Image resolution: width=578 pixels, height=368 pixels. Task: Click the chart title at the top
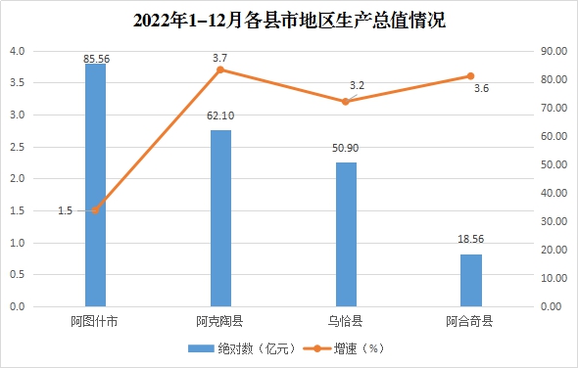tap(289, 21)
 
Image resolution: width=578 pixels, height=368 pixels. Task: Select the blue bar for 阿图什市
tap(95, 185)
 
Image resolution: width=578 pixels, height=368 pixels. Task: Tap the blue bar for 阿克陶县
tap(220, 218)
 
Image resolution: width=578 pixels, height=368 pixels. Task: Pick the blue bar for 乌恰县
tap(346, 234)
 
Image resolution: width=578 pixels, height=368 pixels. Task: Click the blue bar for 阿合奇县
tap(471, 280)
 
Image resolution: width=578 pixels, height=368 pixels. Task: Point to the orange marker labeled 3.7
tap(220, 70)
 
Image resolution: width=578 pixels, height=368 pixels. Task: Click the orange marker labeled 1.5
tap(95, 210)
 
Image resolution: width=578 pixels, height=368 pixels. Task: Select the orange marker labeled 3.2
tap(346, 102)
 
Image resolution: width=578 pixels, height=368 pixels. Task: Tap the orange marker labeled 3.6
tap(471, 76)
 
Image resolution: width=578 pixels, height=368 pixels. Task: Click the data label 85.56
tap(97, 59)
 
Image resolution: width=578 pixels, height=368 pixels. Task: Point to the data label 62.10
tap(220, 116)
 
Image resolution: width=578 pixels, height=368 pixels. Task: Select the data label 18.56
tap(471, 239)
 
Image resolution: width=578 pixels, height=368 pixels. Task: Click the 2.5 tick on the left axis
tap(17, 147)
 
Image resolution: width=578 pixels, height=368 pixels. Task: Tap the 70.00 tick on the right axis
tap(554, 108)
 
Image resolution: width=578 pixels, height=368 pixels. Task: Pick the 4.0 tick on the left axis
tap(17, 51)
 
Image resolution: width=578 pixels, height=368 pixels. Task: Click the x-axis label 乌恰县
tap(346, 321)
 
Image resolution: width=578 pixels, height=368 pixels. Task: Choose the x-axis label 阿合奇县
tap(469, 321)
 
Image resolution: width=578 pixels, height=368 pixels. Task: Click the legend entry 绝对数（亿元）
tap(242, 348)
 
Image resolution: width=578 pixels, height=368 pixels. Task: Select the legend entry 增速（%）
tap(344, 348)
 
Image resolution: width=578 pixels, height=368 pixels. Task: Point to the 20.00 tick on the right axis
tap(554, 250)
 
